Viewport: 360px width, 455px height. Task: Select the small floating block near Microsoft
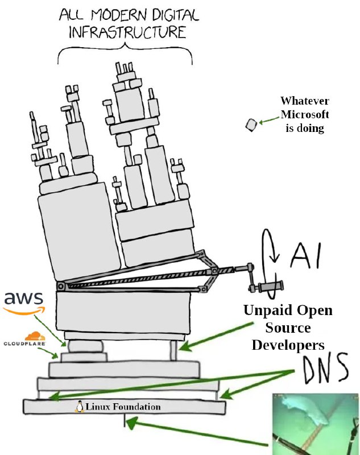tap(251, 125)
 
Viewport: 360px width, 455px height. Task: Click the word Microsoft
tap(304, 114)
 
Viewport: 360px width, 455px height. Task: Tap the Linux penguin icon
tap(80, 407)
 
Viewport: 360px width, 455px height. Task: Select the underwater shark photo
tap(316, 424)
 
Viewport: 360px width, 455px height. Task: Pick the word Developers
tap(288, 345)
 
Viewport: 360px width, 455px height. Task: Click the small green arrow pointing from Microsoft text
tap(267, 121)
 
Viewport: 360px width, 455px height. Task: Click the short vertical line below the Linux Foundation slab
tap(124, 421)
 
